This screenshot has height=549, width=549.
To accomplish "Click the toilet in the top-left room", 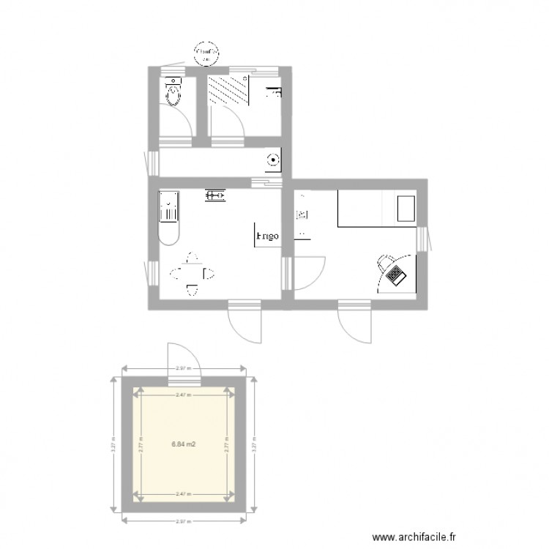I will (x=174, y=92).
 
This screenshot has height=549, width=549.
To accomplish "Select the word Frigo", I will (x=266, y=236).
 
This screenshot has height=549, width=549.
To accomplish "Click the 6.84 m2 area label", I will (x=183, y=444).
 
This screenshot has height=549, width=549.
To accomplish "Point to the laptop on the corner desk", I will (x=397, y=276).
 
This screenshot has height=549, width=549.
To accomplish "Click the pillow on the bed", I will (x=406, y=208).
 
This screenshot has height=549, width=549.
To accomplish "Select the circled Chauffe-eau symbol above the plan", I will (x=206, y=53).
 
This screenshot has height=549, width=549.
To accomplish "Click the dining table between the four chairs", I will (x=193, y=274).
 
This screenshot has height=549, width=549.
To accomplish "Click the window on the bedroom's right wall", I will (x=422, y=237).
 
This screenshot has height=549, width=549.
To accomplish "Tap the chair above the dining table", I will (x=193, y=258).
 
